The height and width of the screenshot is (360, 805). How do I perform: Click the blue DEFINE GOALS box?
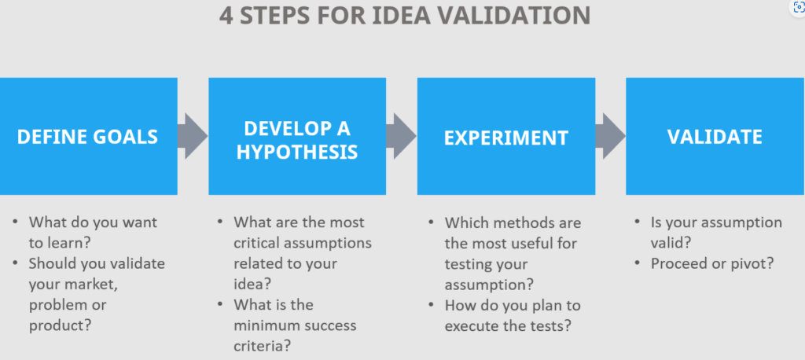pos(88,136)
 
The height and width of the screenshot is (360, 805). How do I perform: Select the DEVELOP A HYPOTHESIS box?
pos(297,136)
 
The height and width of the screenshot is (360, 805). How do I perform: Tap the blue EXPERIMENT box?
pos(506,136)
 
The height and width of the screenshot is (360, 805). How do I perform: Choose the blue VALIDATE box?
pos(715,136)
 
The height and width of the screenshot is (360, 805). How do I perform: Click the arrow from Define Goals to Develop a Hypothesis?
pos(193,136)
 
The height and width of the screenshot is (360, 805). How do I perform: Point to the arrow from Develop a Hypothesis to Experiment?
pos(402,136)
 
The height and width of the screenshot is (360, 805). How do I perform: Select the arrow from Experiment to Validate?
pos(610,136)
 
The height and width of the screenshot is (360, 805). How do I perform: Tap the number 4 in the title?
pos(226,16)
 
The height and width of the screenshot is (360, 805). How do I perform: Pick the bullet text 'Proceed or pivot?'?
pos(712,263)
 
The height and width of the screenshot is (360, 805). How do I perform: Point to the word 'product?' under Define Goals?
pos(60,325)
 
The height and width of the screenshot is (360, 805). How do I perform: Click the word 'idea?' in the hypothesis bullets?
pos(252,284)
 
